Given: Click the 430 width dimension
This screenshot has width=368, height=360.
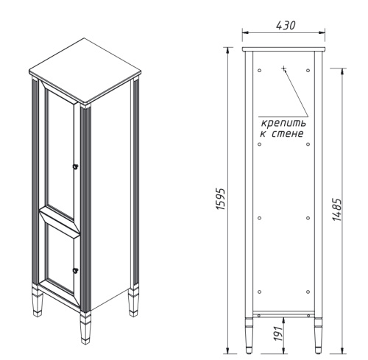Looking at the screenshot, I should pyautogui.click(x=285, y=25).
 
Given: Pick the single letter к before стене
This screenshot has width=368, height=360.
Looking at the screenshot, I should pyautogui.click(x=263, y=135).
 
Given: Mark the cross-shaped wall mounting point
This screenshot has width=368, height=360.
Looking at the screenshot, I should pyautogui.click(x=283, y=68).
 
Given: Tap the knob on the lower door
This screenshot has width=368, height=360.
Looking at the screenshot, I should pyautogui.click(x=75, y=270).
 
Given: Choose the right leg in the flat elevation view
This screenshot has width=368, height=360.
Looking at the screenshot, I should pyautogui.click(x=319, y=336).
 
